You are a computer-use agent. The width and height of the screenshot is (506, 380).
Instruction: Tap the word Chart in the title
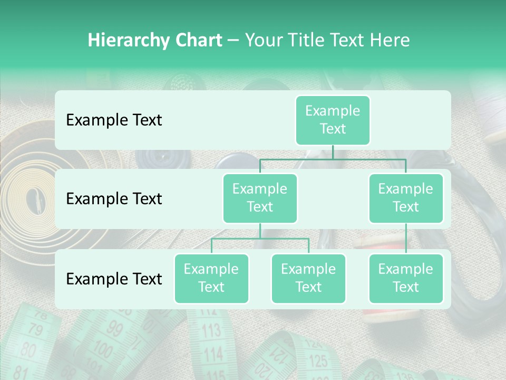coord(197,41)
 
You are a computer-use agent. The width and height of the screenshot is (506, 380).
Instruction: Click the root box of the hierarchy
coord(333,120)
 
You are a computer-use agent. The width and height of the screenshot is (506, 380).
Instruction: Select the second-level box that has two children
coord(260,198)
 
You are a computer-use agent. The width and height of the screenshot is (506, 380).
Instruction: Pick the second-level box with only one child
coord(406,198)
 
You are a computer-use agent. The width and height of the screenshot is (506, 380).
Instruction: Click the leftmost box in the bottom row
coord(211,278)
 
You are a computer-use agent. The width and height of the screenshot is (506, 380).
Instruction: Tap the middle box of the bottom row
coord(308,278)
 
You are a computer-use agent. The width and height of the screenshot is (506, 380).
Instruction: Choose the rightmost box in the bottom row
coord(406,278)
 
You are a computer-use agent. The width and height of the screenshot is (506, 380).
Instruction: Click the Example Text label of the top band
coord(114,120)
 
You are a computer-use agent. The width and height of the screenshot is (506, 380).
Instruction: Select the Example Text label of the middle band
coord(114,199)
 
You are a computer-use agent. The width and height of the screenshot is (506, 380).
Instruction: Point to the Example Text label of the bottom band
coord(114,279)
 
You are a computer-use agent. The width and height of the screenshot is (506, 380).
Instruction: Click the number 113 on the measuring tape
coord(211,331)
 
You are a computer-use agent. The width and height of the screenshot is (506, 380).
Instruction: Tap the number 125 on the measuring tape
coord(318,362)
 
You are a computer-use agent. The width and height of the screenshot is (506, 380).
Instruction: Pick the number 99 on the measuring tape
coord(114,332)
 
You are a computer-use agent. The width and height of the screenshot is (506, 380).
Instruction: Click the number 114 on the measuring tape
coord(213,353)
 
